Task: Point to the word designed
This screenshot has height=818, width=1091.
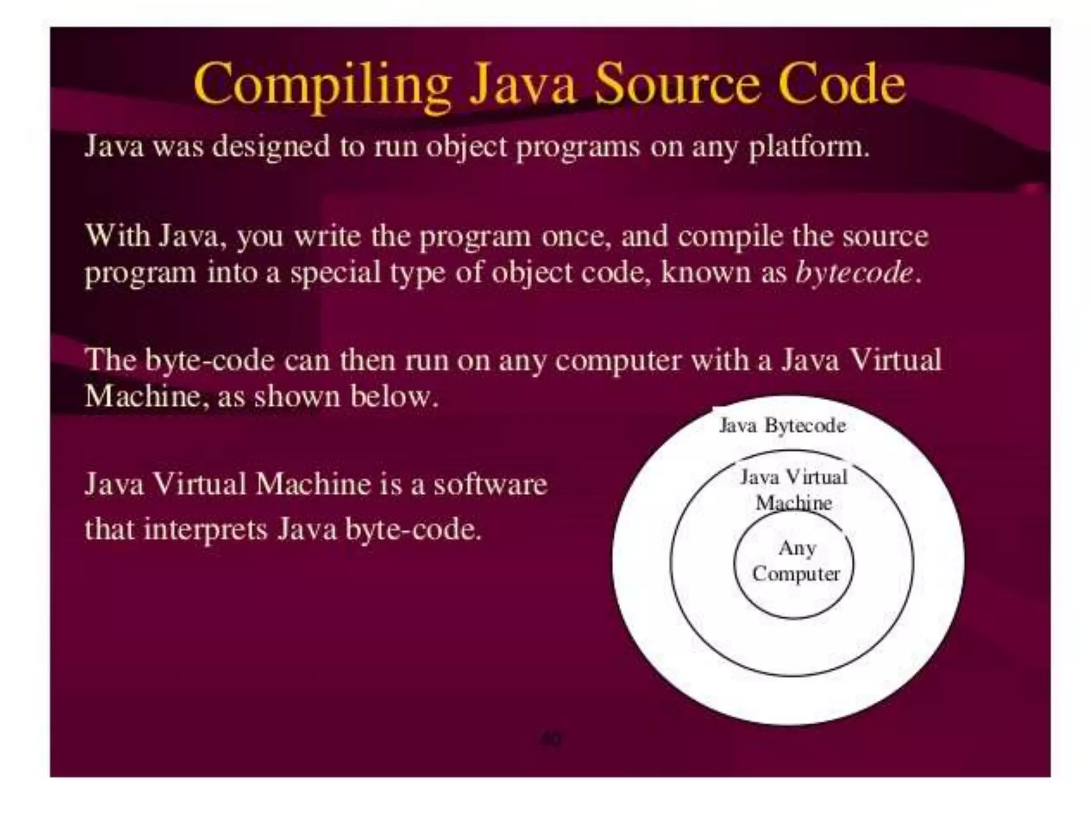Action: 271,146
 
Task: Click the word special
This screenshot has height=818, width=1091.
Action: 335,273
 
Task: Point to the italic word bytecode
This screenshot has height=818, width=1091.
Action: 854,273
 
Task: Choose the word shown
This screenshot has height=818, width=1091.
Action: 296,397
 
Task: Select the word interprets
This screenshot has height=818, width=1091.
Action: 205,530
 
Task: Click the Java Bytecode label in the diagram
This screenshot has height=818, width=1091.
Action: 782,426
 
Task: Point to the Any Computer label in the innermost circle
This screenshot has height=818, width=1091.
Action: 796,561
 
